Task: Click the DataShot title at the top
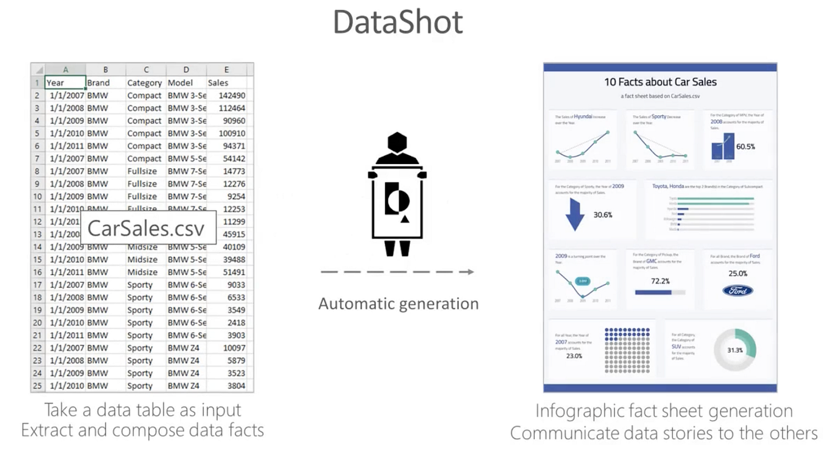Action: tap(398, 23)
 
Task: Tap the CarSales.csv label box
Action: tap(148, 228)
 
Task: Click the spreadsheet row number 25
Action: tap(37, 386)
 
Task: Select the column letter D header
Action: tap(186, 70)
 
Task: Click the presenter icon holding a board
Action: tap(397, 194)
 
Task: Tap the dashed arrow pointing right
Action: tap(398, 271)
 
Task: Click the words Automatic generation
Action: tap(398, 303)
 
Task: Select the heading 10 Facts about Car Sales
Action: tap(660, 82)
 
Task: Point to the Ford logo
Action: tap(737, 290)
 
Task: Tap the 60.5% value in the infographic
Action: tap(745, 147)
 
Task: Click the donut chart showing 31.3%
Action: tap(736, 350)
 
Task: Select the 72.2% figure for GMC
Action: tap(660, 281)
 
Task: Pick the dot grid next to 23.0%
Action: tap(627, 350)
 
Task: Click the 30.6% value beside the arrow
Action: tap(603, 215)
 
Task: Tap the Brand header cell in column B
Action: tap(99, 83)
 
